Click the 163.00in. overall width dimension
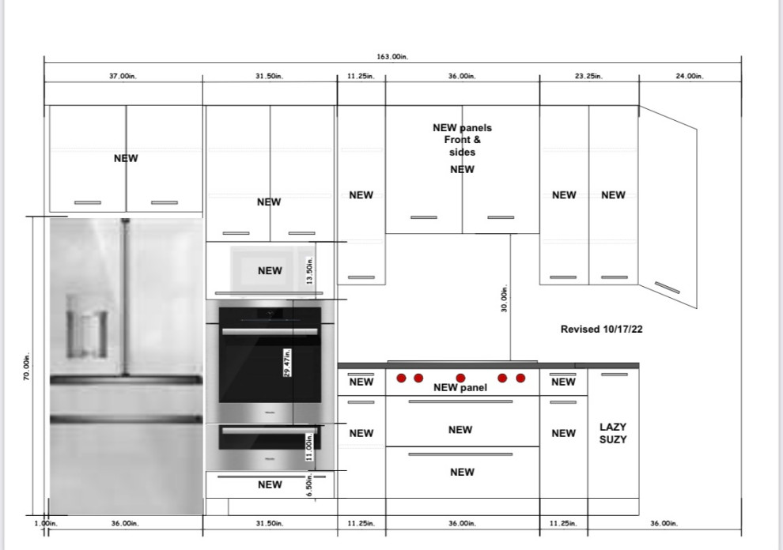point(392,56)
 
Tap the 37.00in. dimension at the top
point(123,77)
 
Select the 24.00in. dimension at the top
point(689,77)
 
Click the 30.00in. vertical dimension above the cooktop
point(504,299)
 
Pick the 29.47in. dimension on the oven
point(287,363)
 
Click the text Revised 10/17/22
point(601,330)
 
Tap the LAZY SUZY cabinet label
point(613,433)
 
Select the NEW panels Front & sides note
point(462,140)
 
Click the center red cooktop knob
point(460,378)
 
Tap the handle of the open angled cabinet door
point(667,287)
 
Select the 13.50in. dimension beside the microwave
point(310,272)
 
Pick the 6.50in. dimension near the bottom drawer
point(310,484)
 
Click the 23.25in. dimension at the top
point(588,77)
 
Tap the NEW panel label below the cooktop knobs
point(460,387)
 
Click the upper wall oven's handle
point(270,331)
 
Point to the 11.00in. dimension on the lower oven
point(310,447)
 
